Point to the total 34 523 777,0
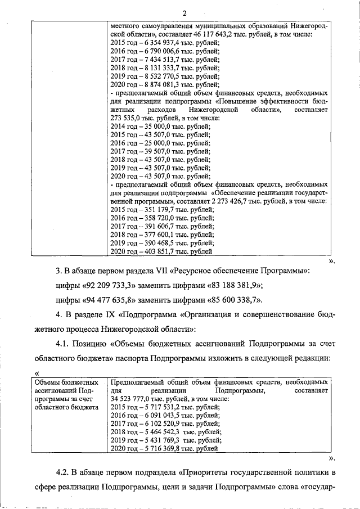click(x=133, y=398)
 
